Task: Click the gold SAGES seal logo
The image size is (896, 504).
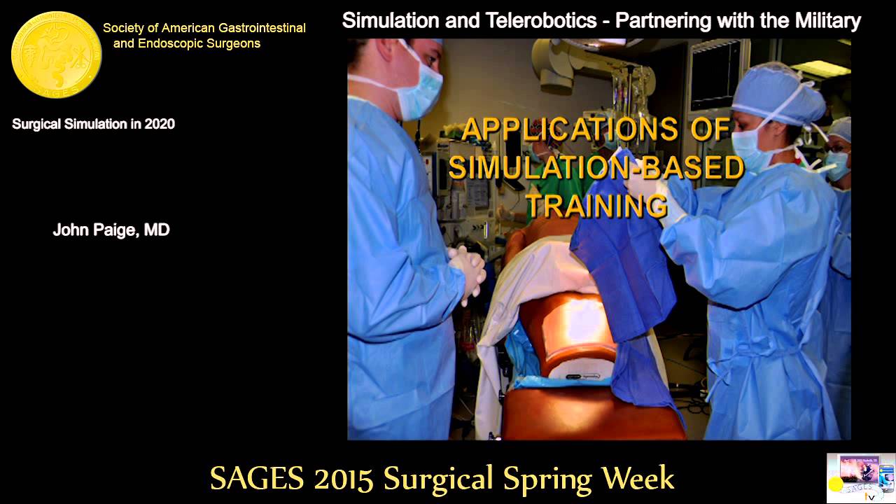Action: [57, 55]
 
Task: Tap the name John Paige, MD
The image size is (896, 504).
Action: [111, 230]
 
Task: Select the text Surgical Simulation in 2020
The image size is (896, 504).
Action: [93, 125]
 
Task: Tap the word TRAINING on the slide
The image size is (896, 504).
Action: [596, 206]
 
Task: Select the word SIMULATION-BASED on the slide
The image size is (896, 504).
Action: [596, 168]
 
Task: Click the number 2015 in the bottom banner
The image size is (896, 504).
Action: [344, 479]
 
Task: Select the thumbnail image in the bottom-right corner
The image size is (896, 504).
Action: [860, 478]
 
